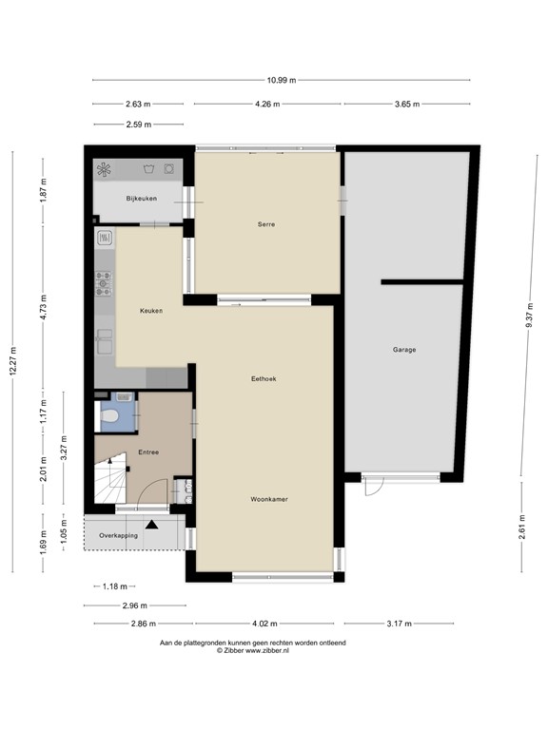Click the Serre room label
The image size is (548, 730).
click(266, 224)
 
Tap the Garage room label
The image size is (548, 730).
click(404, 350)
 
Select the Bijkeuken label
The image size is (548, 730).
click(140, 198)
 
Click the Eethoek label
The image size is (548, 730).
click(263, 378)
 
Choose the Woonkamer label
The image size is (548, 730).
click(269, 499)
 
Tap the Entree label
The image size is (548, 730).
click(147, 452)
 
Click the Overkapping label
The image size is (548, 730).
click(120, 535)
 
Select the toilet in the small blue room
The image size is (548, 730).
click(109, 415)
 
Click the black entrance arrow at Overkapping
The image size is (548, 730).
click(150, 524)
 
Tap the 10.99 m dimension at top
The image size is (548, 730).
click(281, 80)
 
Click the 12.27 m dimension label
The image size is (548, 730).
click(13, 360)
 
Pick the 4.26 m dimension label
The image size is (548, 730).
click(268, 104)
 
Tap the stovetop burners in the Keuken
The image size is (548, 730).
click(103, 282)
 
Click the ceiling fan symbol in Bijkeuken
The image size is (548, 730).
click(105, 170)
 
